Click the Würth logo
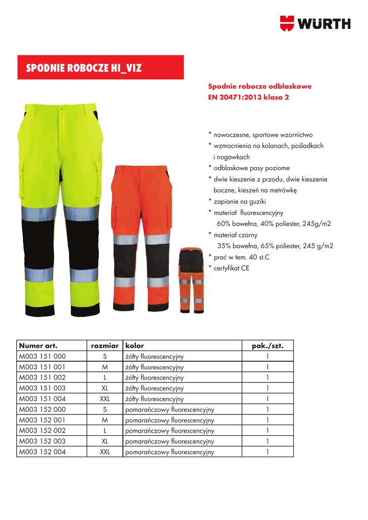point(315,23)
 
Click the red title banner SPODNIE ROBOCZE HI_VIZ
point(101,68)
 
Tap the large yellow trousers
point(62,208)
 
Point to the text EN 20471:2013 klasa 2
point(249,97)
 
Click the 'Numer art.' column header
point(38,346)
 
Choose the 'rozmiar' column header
point(105,346)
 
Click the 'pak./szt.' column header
point(267,346)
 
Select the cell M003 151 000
point(43,356)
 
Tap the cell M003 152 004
point(43,451)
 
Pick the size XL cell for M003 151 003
point(105,388)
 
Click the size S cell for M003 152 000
point(105,409)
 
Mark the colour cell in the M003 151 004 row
point(154,399)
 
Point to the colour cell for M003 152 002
point(170,431)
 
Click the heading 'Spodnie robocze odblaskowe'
point(260,86)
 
